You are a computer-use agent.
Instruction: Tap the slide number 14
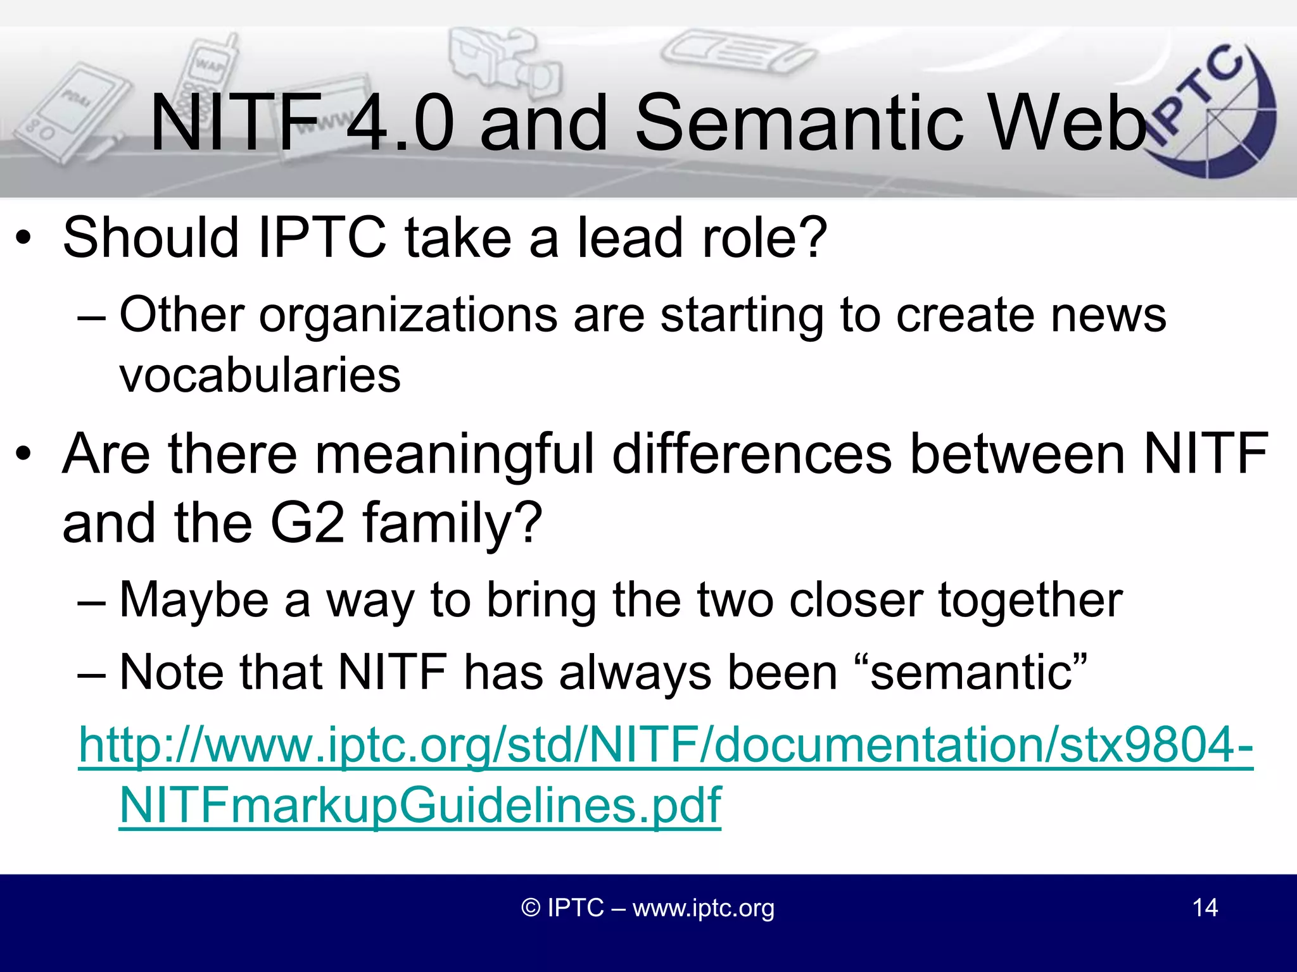[1205, 907]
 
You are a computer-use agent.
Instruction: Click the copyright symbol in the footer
[531, 907]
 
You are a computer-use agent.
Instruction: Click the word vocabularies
[260, 375]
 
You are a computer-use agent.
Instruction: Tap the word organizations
[408, 315]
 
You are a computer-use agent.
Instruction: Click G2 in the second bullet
[308, 523]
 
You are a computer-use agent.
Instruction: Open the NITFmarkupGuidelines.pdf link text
[420, 805]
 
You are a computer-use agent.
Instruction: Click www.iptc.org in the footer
[703, 907]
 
